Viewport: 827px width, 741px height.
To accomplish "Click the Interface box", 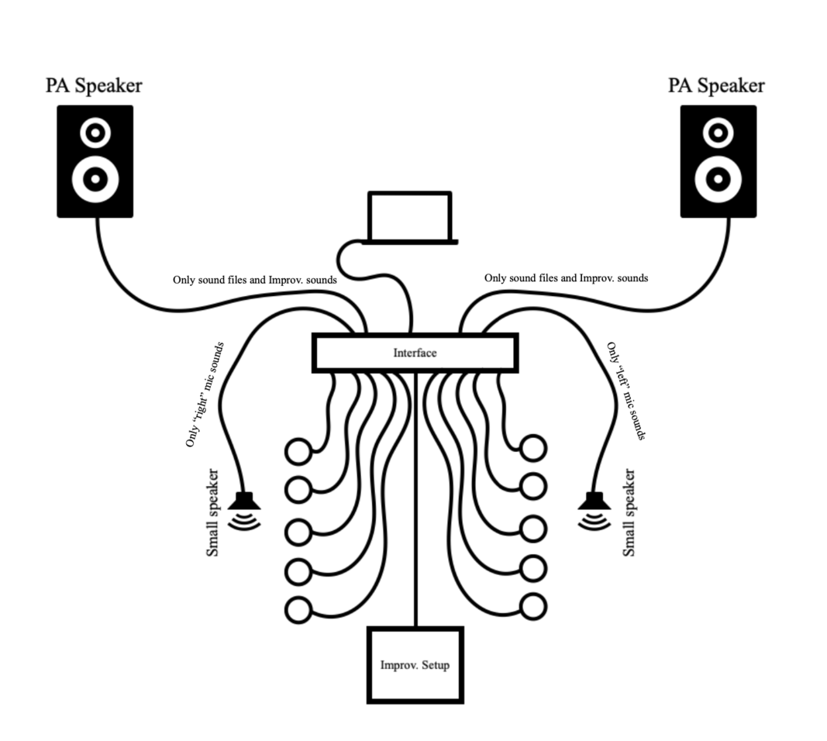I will [x=415, y=353].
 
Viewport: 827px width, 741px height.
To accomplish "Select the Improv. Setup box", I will [x=415, y=665].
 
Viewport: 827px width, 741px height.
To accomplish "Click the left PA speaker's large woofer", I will [x=95, y=179].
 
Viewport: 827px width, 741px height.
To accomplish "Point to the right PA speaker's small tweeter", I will [x=718, y=133].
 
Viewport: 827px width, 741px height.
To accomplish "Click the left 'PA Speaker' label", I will [x=94, y=85].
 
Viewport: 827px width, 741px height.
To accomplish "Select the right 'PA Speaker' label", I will [x=716, y=85].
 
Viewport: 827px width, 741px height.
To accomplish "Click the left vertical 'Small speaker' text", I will [x=213, y=512].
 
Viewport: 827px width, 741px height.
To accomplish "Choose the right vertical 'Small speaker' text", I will [x=629, y=512].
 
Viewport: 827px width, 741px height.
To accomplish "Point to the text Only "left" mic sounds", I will [x=626, y=391].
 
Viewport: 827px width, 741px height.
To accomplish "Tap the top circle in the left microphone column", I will [x=298, y=450].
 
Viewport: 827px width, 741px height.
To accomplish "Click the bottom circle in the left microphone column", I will [x=298, y=609].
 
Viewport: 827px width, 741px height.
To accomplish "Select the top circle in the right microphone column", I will [x=533, y=447].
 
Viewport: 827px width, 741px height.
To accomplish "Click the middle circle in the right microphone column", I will [x=533, y=528].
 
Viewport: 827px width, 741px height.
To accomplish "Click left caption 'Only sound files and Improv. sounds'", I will [x=254, y=279].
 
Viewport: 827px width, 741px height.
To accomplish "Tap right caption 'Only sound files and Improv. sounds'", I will [x=566, y=277].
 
